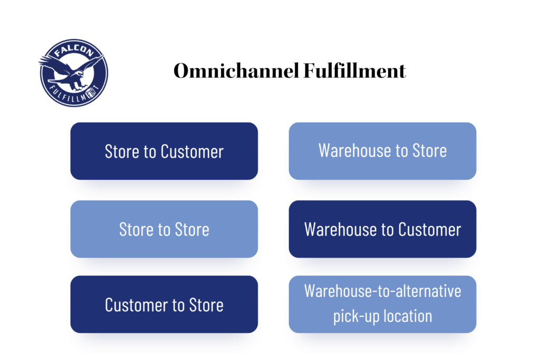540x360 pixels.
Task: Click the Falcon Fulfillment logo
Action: (73, 73)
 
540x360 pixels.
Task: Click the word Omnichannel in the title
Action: (236, 71)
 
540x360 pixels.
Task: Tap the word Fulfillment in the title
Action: (355, 71)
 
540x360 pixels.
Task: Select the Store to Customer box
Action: (164, 151)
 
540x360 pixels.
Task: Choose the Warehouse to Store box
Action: (382, 151)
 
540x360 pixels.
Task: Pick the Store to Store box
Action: (164, 229)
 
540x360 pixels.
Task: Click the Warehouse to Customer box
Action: (382, 229)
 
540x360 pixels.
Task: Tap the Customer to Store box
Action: (164, 304)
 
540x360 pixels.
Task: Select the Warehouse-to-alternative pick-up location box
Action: (382, 304)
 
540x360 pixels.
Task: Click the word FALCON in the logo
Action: (74, 50)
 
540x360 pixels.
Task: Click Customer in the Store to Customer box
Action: (192, 151)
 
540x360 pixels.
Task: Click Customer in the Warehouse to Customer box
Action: (429, 230)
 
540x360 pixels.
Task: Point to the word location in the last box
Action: (408, 316)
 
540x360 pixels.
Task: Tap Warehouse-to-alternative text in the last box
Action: (382, 291)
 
